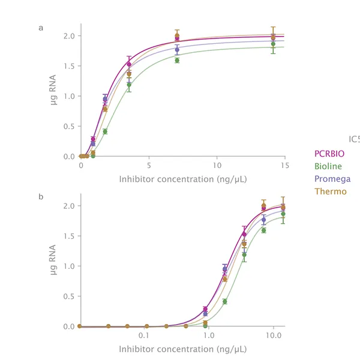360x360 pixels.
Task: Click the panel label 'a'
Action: pyautogui.click(x=41, y=28)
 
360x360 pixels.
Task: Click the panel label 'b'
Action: pyautogui.click(x=41, y=196)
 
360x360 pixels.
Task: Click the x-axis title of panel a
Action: pyautogui.click(x=183, y=179)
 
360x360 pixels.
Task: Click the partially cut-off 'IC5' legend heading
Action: pyautogui.click(x=354, y=140)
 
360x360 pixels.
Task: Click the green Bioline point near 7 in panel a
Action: pyautogui.click(x=177, y=60)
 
